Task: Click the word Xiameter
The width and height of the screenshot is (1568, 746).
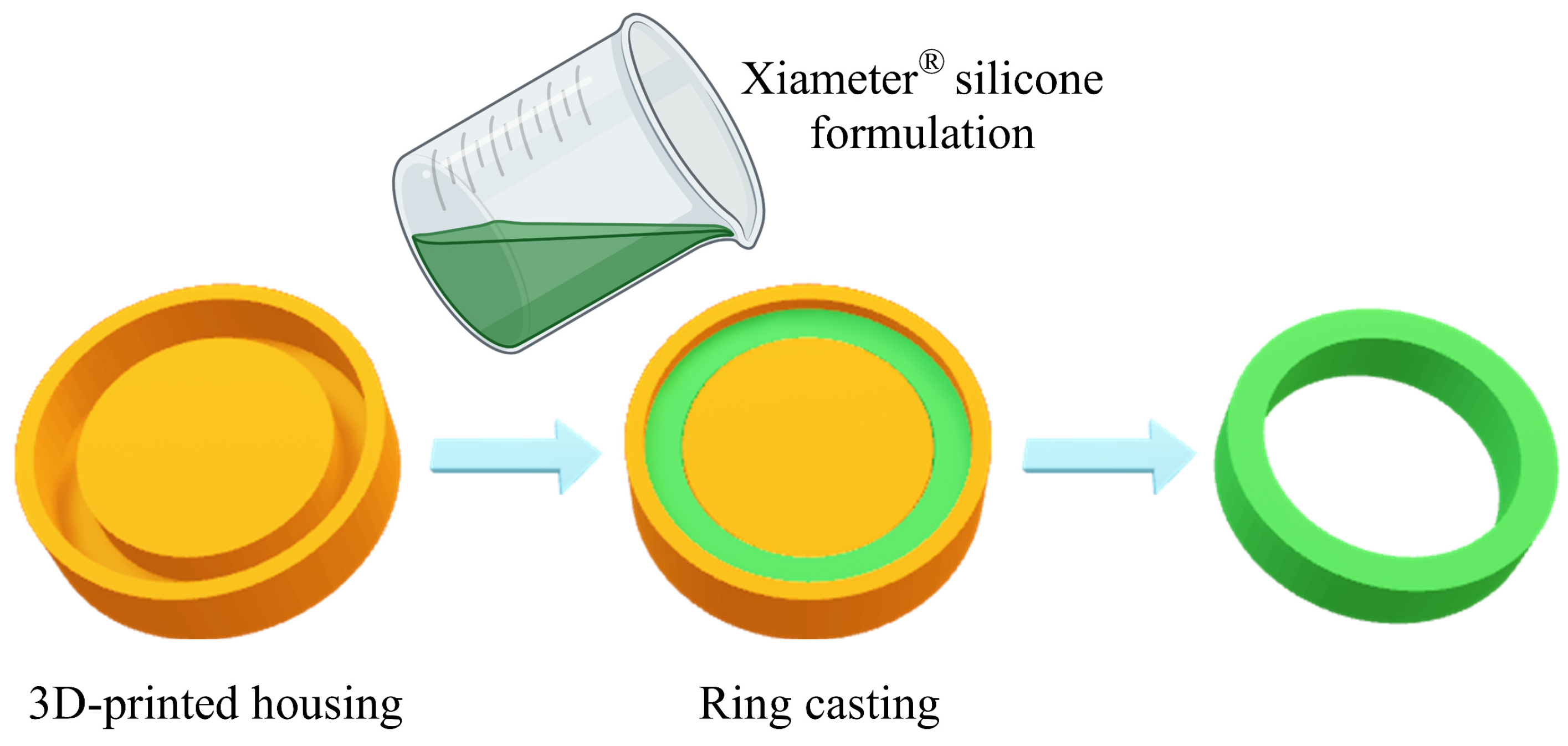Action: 829,79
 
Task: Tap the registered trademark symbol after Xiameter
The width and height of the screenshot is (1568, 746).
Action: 931,62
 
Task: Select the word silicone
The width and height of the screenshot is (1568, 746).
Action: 1029,80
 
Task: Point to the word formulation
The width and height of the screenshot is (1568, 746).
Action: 922,134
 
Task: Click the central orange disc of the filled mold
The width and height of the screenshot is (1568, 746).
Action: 807,448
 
